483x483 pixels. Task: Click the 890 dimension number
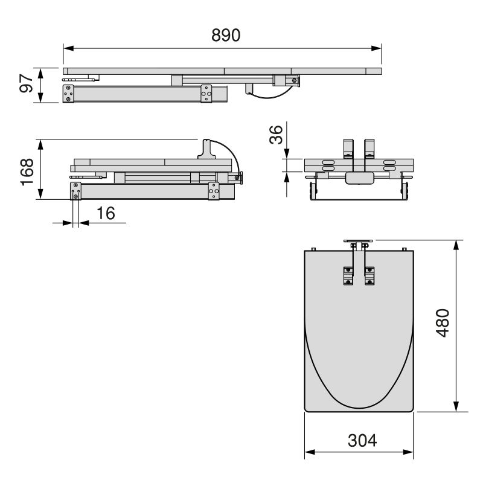tap(226, 35)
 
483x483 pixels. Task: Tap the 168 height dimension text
tap(26, 170)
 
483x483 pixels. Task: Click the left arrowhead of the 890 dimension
tap(67, 48)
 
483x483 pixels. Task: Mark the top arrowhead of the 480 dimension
tap(456, 243)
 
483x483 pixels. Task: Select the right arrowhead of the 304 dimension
tap(411, 452)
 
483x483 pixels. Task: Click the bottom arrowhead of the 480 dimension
tap(456, 408)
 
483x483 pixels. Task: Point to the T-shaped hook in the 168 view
tap(206, 149)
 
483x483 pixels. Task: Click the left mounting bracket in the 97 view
tap(69, 94)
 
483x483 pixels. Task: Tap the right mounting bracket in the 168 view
tap(214, 190)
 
